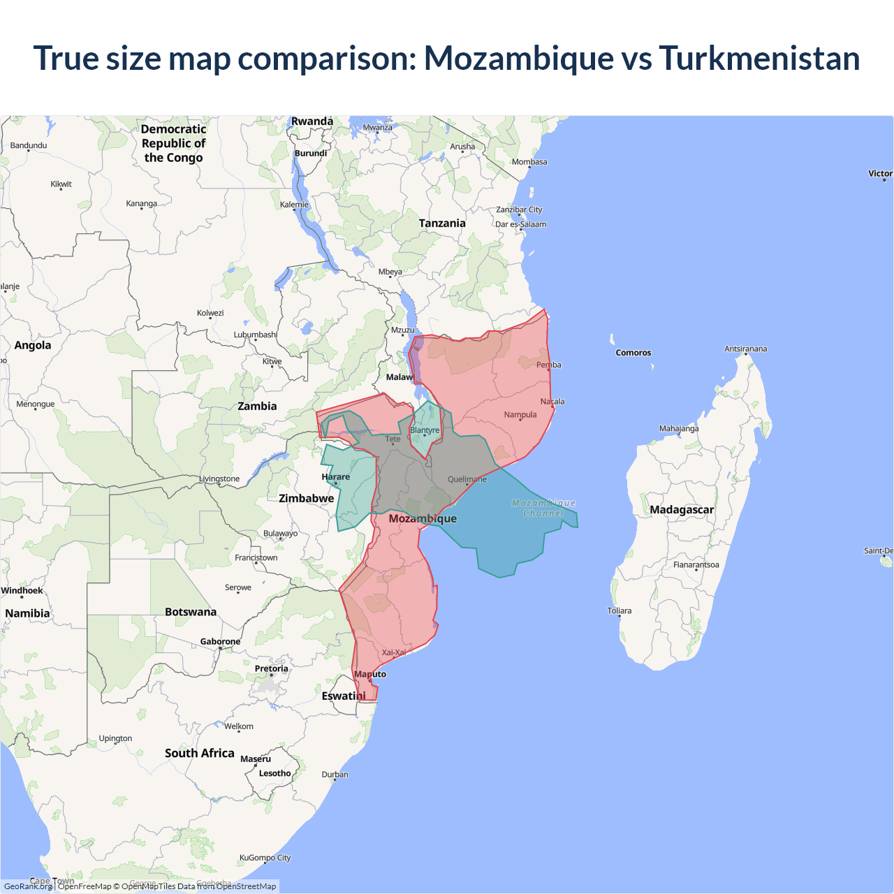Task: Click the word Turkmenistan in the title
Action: (x=759, y=58)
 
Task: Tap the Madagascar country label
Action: (x=682, y=510)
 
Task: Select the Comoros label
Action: (x=633, y=353)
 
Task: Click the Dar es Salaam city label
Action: (x=520, y=224)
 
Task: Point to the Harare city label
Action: (x=336, y=477)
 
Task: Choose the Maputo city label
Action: (x=370, y=674)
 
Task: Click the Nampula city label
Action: (x=520, y=415)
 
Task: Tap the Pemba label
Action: (x=549, y=365)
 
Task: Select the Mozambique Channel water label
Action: (x=543, y=508)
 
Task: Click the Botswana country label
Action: (x=191, y=612)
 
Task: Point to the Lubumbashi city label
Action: (x=256, y=335)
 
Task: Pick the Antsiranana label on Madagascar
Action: (x=745, y=349)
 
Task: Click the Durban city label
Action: (x=335, y=774)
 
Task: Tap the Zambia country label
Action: (x=257, y=406)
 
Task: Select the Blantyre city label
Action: (x=425, y=430)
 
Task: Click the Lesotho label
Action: (x=274, y=773)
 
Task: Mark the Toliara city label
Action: (x=620, y=610)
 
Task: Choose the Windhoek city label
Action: (x=22, y=591)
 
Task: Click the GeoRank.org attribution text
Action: (x=28, y=886)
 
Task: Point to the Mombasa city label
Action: (x=529, y=162)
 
